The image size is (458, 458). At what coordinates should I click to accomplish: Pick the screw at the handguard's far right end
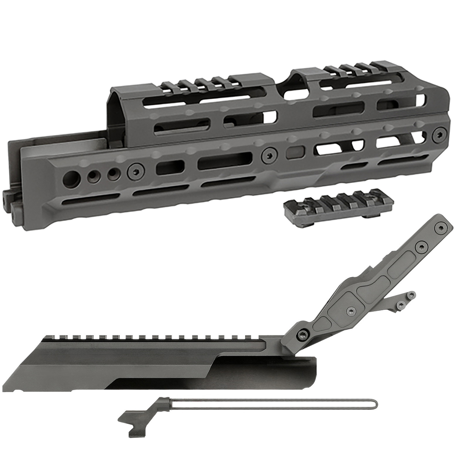click(x=438, y=134)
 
